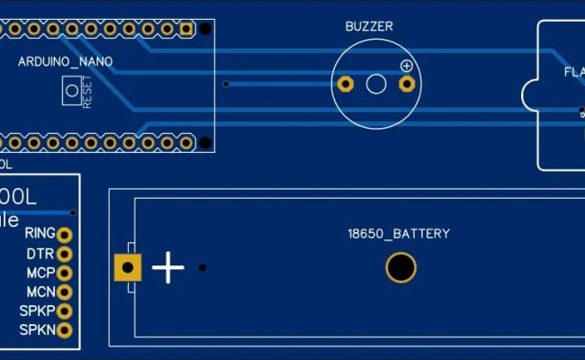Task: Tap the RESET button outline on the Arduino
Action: [x=70, y=90]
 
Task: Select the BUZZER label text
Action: [x=369, y=26]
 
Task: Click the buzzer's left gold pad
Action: [x=345, y=85]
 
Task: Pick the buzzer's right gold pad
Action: [x=407, y=85]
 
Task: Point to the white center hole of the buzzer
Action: [x=376, y=85]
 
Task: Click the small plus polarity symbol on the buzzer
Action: [x=407, y=66]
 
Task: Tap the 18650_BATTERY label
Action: [x=399, y=234]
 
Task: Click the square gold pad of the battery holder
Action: [x=128, y=267]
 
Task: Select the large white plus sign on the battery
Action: [x=168, y=267]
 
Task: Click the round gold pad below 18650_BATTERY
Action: [x=400, y=267]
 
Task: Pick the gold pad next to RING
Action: [x=64, y=234]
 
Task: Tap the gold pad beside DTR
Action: [x=64, y=254]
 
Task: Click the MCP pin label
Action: [x=40, y=273]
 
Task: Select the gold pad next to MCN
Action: [x=64, y=292]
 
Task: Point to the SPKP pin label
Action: [x=37, y=311]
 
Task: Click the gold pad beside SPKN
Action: [x=64, y=330]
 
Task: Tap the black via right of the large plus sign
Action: [x=202, y=267]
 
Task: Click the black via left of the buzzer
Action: [x=226, y=85]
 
